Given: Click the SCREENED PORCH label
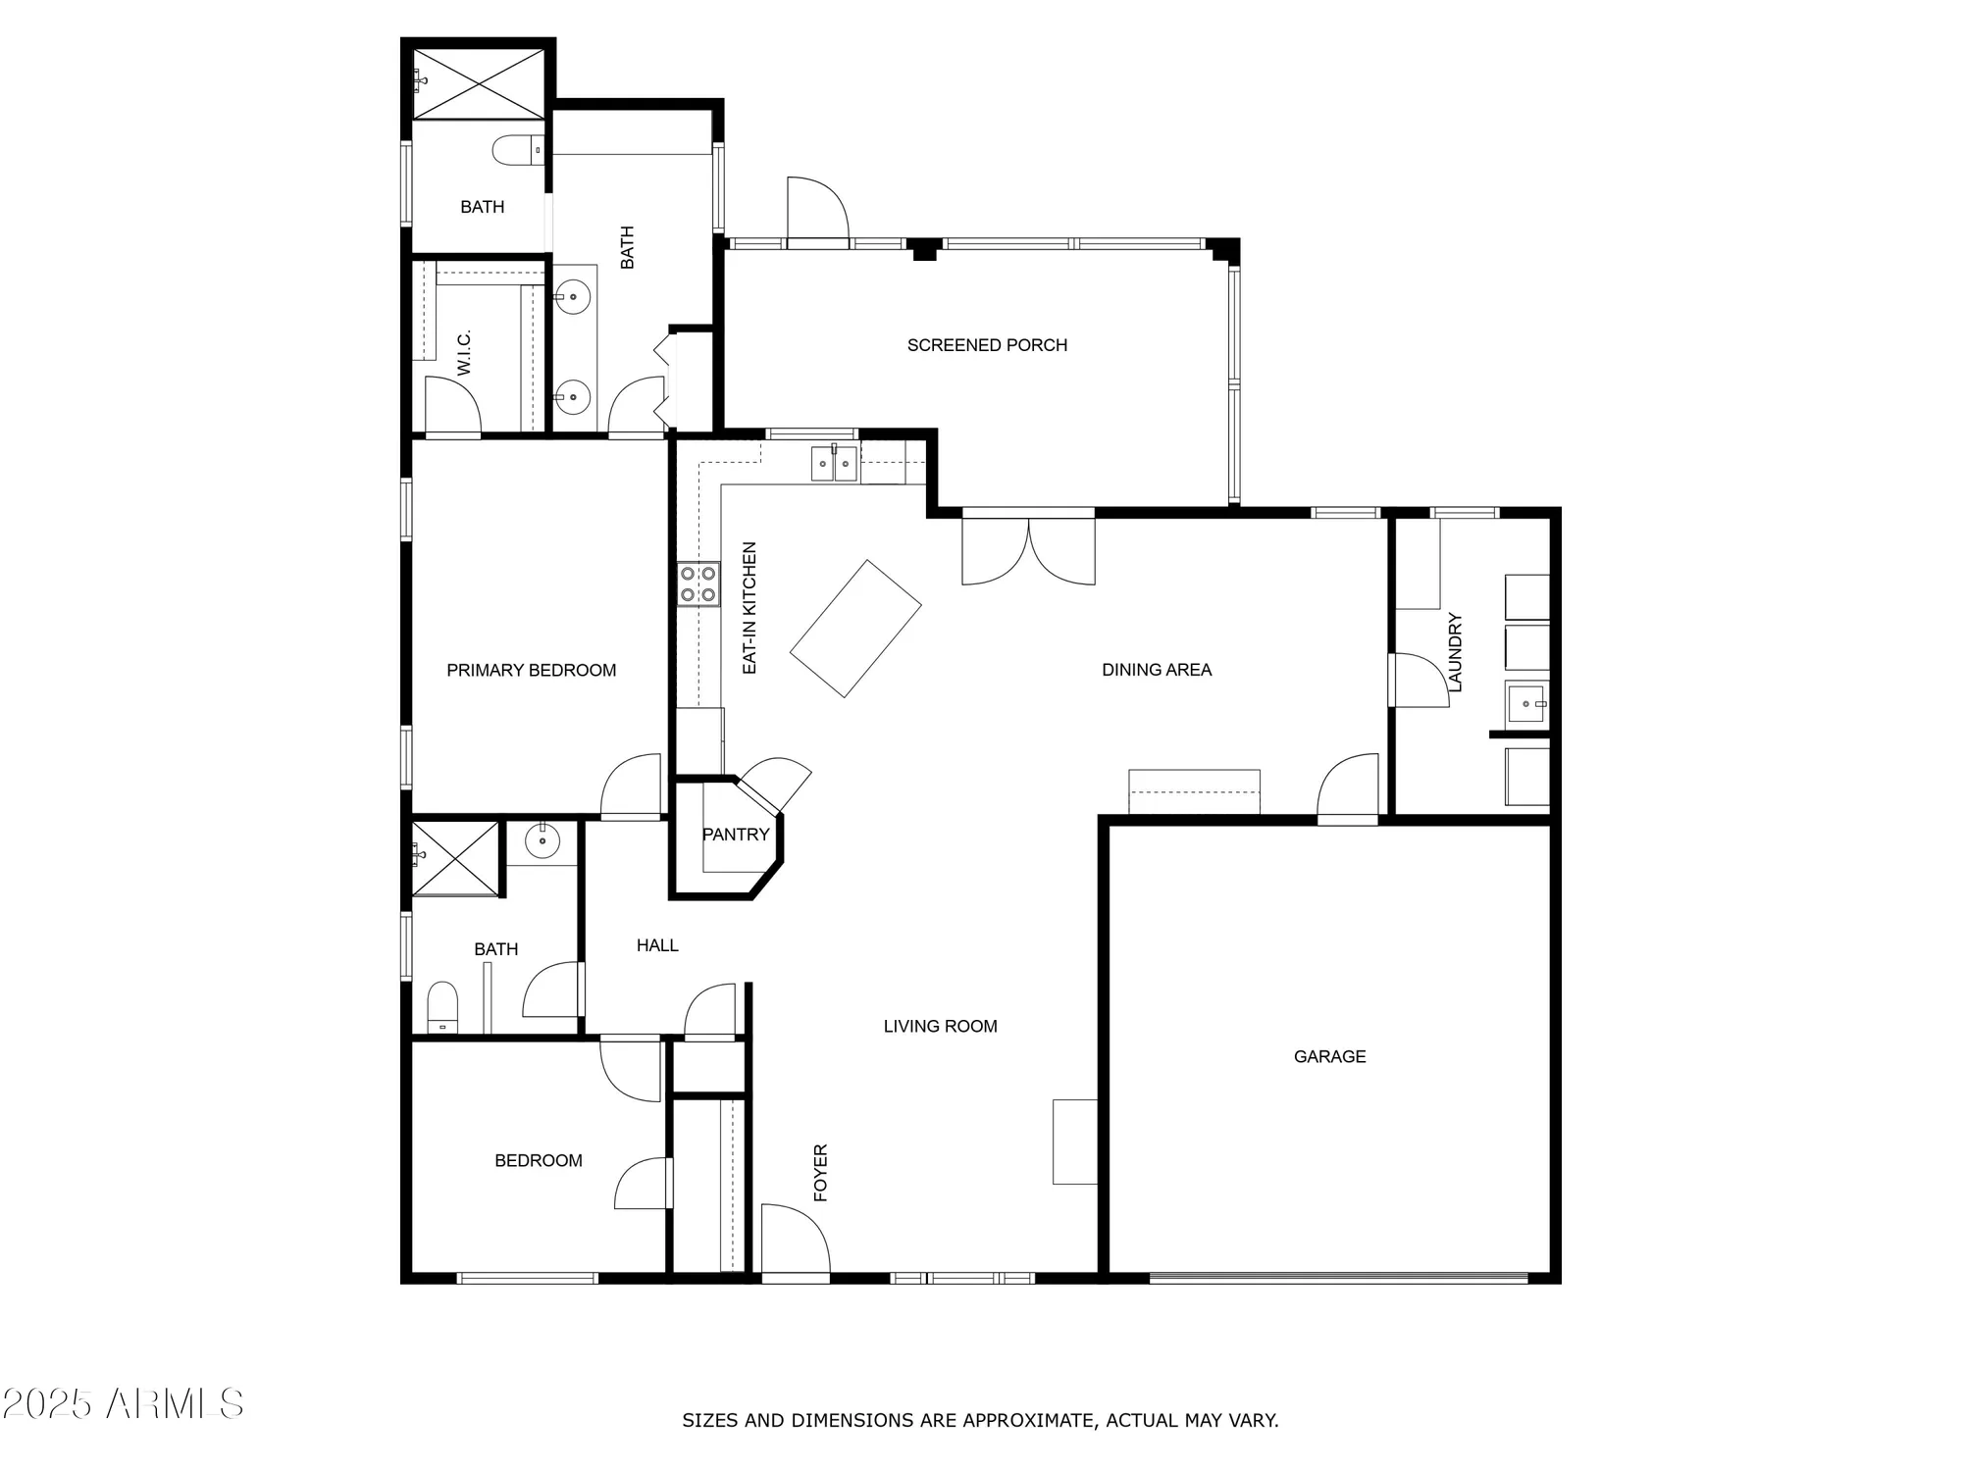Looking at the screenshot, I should [x=987, y=345].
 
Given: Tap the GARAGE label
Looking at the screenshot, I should [x=1329, y=1056].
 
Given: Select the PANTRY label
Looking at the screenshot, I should [x=736, y=835].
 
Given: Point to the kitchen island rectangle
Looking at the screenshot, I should [x=855, y=629].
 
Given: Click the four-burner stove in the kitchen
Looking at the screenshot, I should [x=698, y=583].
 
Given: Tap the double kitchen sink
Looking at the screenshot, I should [x=834, y=463].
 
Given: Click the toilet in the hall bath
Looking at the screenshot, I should [x=442, y=1007].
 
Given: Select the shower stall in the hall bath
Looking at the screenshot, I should [x=455, y=859].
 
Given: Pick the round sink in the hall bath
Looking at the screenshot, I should [x=542, y=841].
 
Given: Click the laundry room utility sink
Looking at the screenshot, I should [x=1525, y=703].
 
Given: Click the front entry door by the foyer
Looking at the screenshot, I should [x=795, y=1241].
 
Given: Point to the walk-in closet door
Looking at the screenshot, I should [x=451, y=406].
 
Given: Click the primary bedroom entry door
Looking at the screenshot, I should [x=631, y=786].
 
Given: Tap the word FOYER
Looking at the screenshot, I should [x=821, y=1172].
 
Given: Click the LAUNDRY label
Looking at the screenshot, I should [x=1455, y=652].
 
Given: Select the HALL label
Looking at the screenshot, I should [x=657, y=945].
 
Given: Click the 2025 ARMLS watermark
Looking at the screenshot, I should [x=123, y=1404].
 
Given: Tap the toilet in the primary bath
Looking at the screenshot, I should [x=517, y=150].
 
